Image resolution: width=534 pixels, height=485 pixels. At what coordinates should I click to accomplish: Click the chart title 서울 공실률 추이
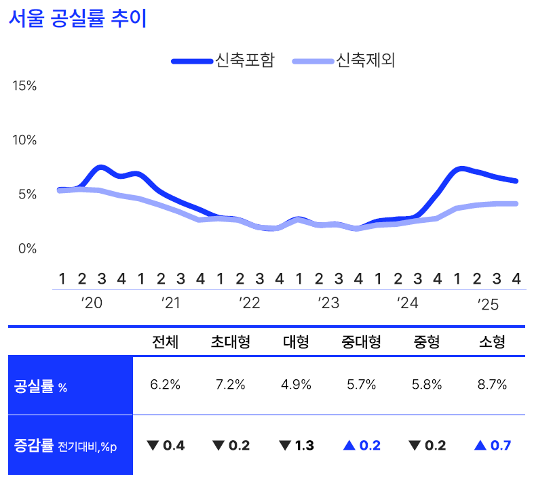[x=77, y=19]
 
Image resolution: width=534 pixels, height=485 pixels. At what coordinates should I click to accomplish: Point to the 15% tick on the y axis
[x=24, y=86]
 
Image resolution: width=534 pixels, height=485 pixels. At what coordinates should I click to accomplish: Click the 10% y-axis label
[x=24, y=140]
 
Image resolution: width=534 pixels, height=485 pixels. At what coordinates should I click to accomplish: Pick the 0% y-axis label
[x=28, y=249]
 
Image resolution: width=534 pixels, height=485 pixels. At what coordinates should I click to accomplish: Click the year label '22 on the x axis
[x=250, y=303]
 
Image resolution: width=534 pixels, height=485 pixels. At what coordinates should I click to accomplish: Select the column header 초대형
[x=231, y=342]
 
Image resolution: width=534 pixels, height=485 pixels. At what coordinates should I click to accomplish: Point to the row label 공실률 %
[x=41, y=387]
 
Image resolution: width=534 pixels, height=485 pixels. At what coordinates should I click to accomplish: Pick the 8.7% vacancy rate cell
[x=493, y=385]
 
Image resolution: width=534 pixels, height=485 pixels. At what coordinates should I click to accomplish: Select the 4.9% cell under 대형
[x=297, y=385]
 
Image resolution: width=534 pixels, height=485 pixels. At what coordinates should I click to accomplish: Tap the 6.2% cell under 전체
[x=165, y=385]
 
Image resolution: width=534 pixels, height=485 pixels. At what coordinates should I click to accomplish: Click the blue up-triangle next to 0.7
[x=480, y=445]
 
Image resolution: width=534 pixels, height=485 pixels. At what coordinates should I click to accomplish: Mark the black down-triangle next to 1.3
[x=284, y=446]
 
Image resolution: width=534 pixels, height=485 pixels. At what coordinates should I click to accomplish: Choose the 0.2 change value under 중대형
[x=370, y=446]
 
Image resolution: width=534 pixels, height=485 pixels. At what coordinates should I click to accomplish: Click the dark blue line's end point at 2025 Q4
[x=516, y=181]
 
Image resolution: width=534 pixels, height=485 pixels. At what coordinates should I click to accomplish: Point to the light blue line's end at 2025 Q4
[x=516, y=203]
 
